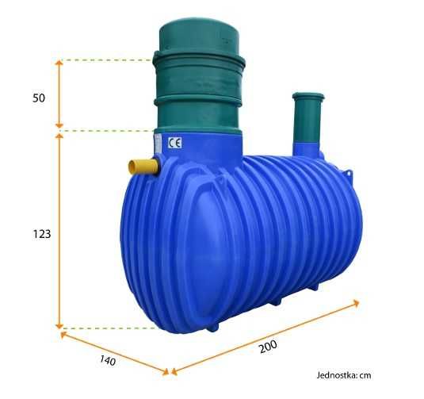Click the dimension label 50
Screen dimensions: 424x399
(x=39, y=98)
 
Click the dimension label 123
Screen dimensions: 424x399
(x=42, y=234)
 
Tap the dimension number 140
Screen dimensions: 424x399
(x=108, y=360)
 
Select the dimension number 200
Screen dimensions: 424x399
(x=268, y=347)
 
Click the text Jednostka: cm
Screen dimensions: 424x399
(x=344, y=375)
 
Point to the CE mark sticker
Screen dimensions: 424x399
(x=174, y=143)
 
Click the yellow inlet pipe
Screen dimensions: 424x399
(x=143, y=167)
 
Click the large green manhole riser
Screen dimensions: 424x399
(x=199, y=76)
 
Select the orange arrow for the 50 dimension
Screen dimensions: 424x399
(x=59, y=94)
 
